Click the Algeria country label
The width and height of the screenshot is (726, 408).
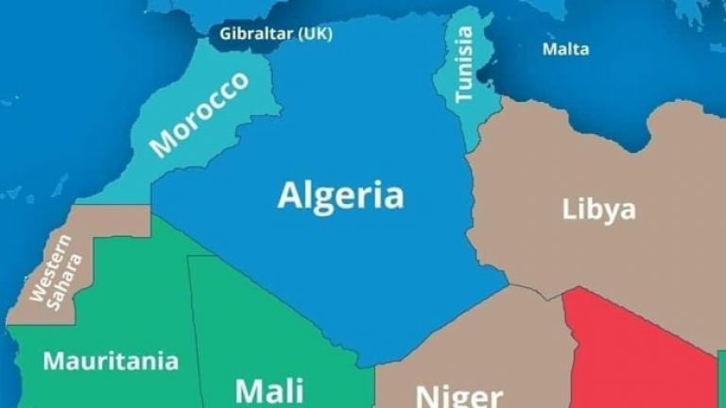point(340,195)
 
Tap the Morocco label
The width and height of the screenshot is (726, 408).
point(199,113)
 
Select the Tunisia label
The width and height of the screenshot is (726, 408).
point(463,63)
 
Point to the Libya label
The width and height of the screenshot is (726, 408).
point(598,209)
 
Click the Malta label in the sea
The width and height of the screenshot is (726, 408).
point(565,49)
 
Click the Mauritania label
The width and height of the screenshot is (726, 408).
point(110,360)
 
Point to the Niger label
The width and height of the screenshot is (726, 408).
point(459,395)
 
